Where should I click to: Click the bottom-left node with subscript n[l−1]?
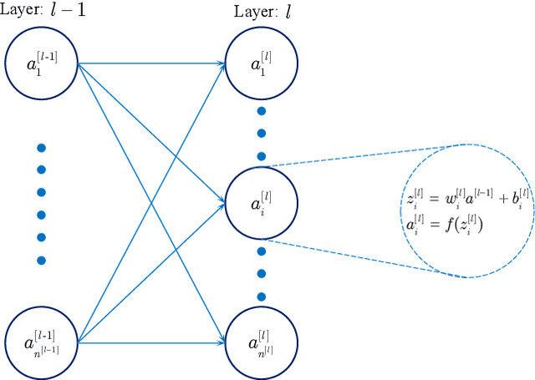point(42,341)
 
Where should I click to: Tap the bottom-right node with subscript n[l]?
point(262,340)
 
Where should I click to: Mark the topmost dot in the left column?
point(41,148)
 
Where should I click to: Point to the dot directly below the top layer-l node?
point(262,110)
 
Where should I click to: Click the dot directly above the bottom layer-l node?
point(262,296)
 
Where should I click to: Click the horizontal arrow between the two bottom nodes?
point(150,341)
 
